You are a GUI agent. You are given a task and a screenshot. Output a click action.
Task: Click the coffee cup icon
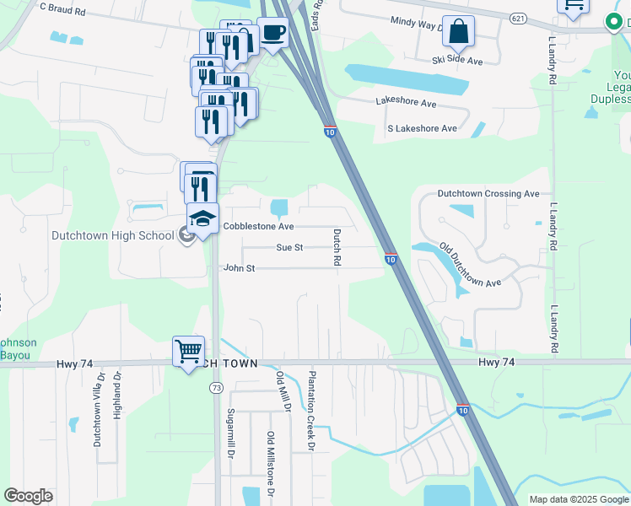pos(272,33)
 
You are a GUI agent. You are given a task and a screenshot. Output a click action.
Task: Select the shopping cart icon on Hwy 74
pos(188,350)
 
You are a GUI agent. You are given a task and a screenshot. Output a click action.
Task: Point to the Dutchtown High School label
pos(112,236)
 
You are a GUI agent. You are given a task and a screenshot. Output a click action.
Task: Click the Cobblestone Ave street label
pos(258,227)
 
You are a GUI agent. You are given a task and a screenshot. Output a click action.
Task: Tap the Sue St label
pos(289,248)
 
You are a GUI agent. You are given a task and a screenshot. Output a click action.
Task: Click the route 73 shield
pos(216,387)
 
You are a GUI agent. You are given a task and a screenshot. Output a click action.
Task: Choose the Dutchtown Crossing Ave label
pos(488,194)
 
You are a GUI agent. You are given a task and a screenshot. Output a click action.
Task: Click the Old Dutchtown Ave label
pos(471,266)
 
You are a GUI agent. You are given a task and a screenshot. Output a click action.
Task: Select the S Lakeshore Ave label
pos(422,129)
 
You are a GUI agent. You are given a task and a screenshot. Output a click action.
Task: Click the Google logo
pos(28,496)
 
